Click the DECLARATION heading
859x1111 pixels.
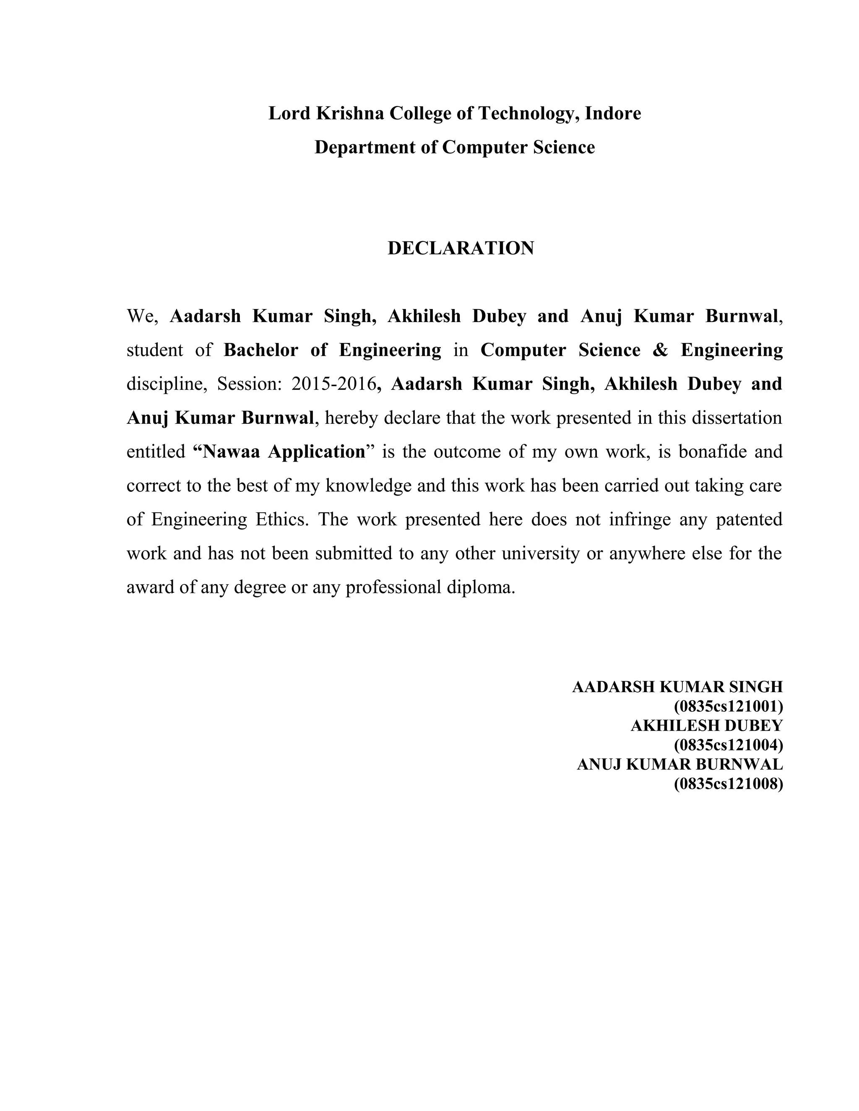click(461, 248)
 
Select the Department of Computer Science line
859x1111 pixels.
click(454, 147)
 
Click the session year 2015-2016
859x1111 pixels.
click(333, 384)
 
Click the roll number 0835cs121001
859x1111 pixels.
click(728, 706)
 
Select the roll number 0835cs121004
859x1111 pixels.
click(728, 745)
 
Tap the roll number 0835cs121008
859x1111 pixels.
click(728, 784)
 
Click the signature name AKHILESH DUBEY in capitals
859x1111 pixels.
click(706, 725)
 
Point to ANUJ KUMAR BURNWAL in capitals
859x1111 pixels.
click(679, 765)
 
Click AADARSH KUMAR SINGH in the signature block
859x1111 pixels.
click(677, 687)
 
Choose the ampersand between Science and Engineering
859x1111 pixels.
click(660, 350)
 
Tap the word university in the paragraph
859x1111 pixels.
click(540, 553)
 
